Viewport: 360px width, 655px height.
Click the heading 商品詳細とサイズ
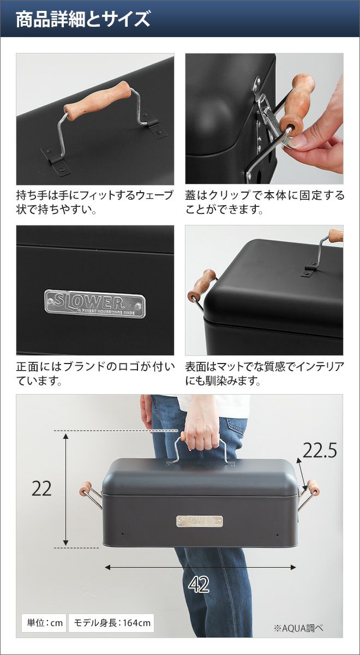83,19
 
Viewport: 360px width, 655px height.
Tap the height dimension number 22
41,489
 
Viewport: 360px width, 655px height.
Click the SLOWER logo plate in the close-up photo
95,303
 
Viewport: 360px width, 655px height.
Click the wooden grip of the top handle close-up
98,101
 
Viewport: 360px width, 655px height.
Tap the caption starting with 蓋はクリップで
265,203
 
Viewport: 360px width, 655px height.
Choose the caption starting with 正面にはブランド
95,374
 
